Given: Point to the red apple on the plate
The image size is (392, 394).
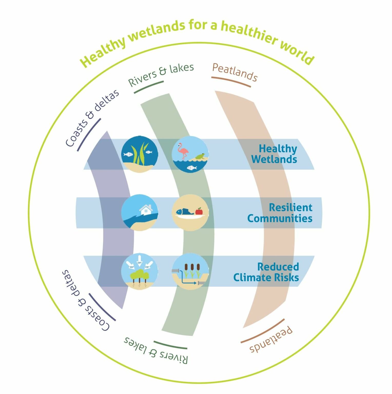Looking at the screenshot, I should pyautogui.click(x=199, y=211).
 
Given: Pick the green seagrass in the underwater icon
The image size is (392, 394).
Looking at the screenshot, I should pyautogui.click(x=140, y=154).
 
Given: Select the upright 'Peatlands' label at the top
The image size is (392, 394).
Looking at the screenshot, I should pyautogui.click(x=235, y=72).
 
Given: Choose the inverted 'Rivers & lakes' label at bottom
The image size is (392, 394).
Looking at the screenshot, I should pyautogui.click(x=156, y=351).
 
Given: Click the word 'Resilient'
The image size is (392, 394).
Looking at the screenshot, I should pyautogui.click(x=290, y=207).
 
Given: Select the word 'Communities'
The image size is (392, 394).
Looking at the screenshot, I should pyautogui.click(x=280, y=218).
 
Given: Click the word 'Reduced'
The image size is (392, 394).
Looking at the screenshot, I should pyautogui.click(x=278, y=267).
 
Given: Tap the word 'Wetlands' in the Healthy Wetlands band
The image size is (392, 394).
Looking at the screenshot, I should pyautogui.click(x=274, y=159).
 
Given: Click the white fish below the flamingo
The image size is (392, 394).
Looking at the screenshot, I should pyautogui.click(x=192, y=168).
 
